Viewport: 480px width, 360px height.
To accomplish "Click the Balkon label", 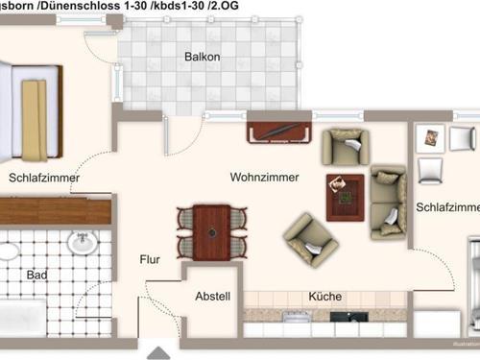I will point(203,57).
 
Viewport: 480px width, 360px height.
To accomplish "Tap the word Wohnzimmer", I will point(264,178).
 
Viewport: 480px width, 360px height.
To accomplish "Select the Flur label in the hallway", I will point(150,258).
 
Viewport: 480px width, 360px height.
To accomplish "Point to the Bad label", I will point(37,275).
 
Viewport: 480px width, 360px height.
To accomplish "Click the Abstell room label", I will point(213,297).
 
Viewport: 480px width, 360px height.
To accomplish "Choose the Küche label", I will point(325,297).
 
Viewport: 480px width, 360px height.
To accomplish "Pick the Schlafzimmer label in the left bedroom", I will point(43,178).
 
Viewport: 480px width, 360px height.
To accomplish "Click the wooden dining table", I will point(212,230).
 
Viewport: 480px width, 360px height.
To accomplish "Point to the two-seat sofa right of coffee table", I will point(389,201).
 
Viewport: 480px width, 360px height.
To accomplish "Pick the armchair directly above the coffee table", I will point(343,146).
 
